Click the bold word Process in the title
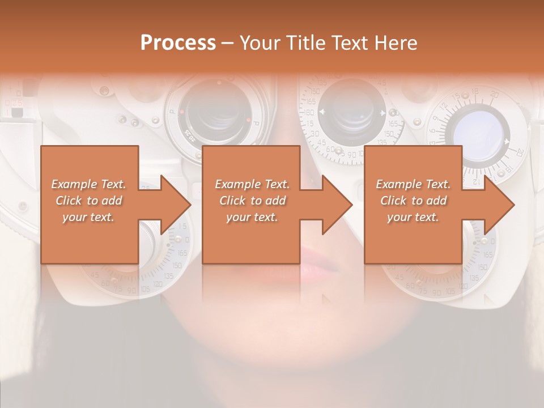coord(178,43)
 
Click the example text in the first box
coord(89,201)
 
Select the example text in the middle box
coord(252,201)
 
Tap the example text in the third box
coord(413,201)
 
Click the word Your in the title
coord(257,43)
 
